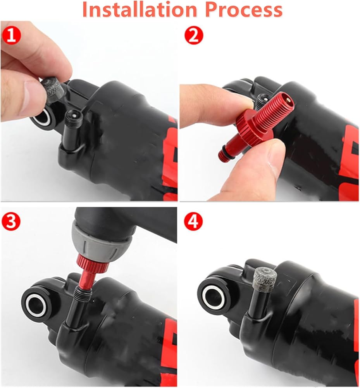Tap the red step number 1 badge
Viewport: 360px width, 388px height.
pos(11,35)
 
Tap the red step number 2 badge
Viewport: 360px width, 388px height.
pos(193,35)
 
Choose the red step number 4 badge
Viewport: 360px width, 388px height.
pos(193,221)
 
